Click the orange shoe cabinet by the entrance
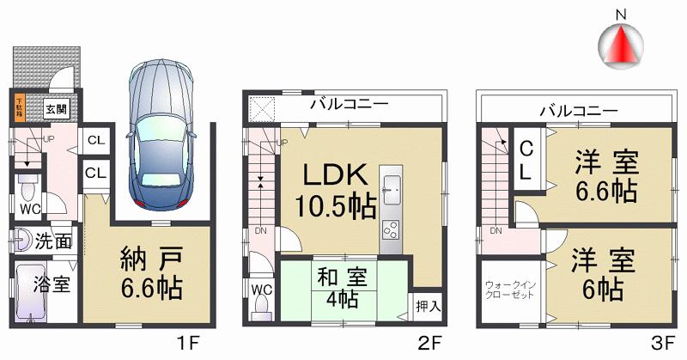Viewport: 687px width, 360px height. coord(20,107)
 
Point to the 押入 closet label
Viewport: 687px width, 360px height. coord(429,305)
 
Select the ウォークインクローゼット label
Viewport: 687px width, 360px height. coord(508,290)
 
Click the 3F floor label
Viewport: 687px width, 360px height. coord(661,343)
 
